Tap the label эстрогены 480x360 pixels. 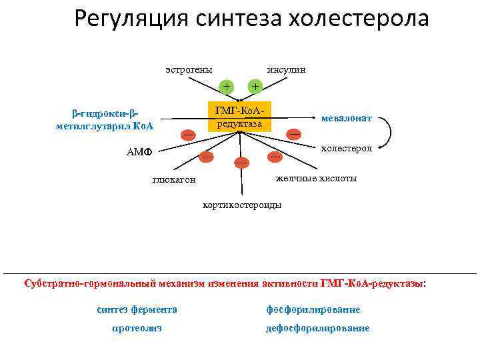[x=189, y=69]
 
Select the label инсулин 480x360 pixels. [x=286, y=69]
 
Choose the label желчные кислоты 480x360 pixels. [x=316, y=178]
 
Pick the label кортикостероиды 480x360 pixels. [x=241, y=204]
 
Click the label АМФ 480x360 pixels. [x=139, y=151]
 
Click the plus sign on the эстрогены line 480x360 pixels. [x=227, y=86]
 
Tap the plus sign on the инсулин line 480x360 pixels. [x=254, y=86]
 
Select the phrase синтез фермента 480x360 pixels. [x=137, y=309]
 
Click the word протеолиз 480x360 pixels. [x=137, y=328]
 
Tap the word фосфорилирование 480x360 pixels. [x=313, y=309]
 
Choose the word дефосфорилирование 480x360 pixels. [x=317, y=328]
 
